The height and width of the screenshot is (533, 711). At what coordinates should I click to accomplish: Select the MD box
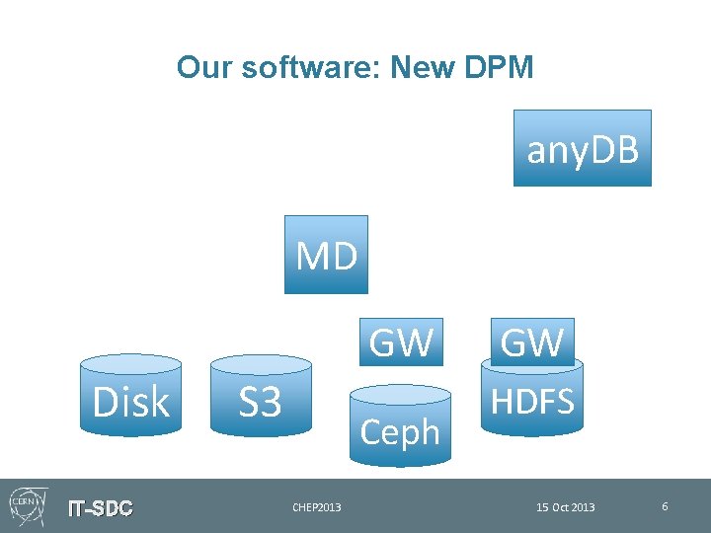tap(326, 255)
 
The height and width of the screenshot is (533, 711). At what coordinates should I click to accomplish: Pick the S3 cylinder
tap(261, 401)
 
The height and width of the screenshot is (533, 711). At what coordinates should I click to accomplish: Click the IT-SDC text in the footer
tap(100, 508)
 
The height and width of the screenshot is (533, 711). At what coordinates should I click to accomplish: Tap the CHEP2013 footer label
tap(316, 507)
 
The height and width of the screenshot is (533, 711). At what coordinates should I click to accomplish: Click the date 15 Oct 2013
tap(565, 507)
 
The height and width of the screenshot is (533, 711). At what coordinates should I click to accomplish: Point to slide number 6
tap(665, 506)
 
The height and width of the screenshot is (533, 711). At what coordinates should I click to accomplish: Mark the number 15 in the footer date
tap(542, 507)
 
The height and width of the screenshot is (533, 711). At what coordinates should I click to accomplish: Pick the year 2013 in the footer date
tap(584, 507)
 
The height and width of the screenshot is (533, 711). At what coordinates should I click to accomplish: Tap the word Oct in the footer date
tap(562, 507)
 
